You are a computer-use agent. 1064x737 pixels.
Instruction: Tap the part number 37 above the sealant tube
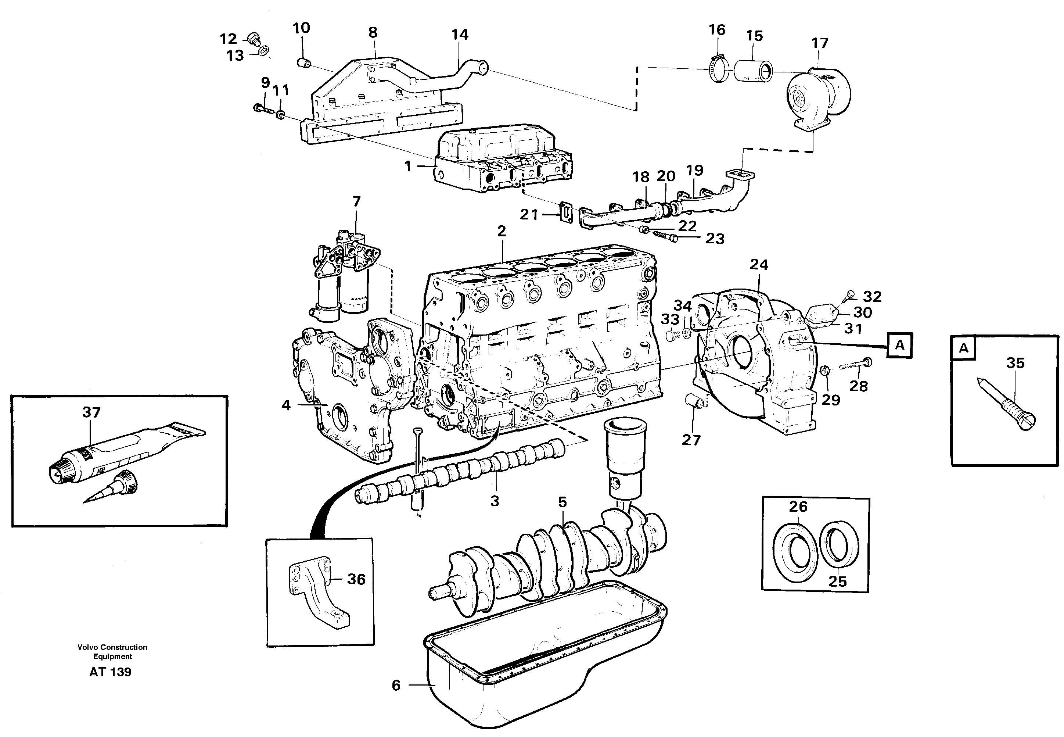point(91,412)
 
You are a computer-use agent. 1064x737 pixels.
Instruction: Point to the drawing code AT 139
point(110,672)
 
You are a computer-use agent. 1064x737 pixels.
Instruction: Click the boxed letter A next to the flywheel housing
point(899,345)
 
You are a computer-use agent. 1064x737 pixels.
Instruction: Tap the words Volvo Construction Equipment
point(112,652)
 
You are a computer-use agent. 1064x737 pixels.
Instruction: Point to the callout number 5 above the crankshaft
point(562,502)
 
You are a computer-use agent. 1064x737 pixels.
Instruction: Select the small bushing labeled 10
point(302,62)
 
